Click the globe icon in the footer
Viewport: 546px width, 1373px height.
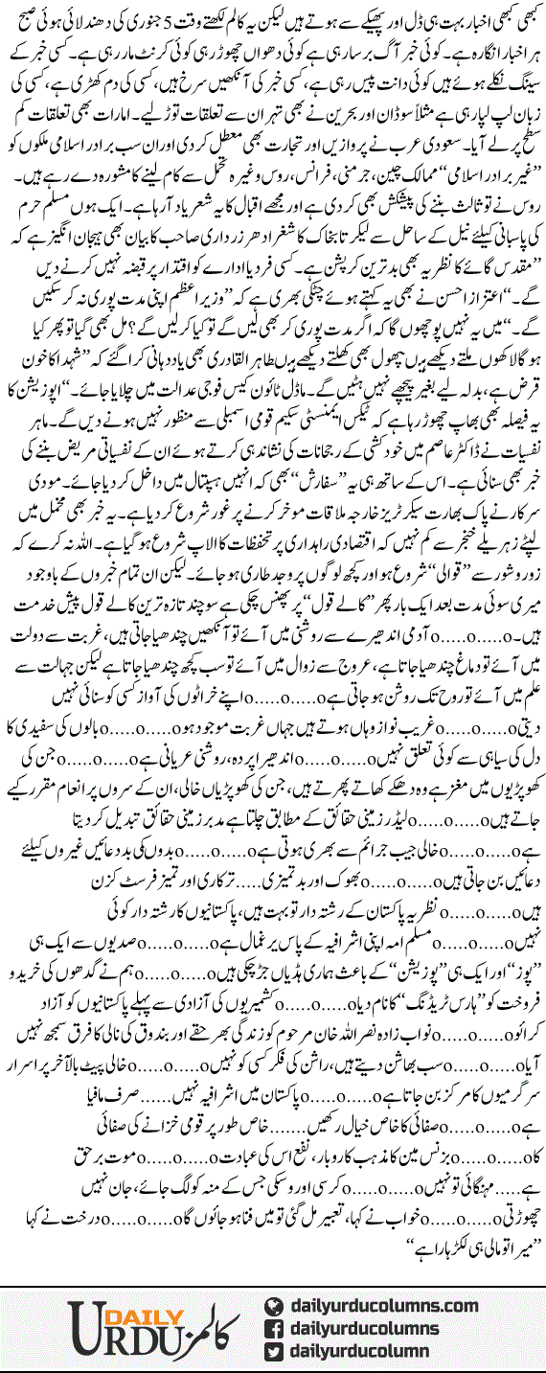[273, 1303]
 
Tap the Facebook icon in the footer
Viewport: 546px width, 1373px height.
[273, 1327]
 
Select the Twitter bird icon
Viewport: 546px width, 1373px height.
[273, 1351]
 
